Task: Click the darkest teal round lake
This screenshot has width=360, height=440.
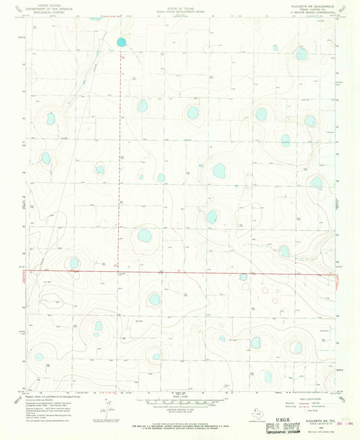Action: click(x=122, y=42)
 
